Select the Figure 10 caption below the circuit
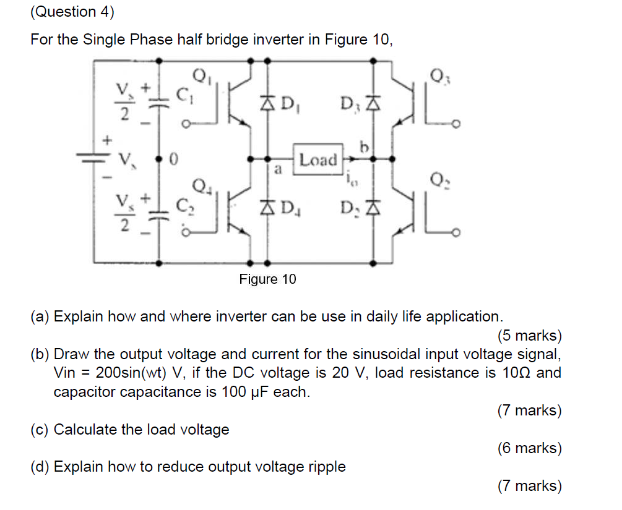[x=267, y=279]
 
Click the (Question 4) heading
[x=64, y=12]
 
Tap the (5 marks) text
[x=529, y=336]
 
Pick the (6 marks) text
[x=529, y=448]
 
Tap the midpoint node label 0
[x=174, y=160]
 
